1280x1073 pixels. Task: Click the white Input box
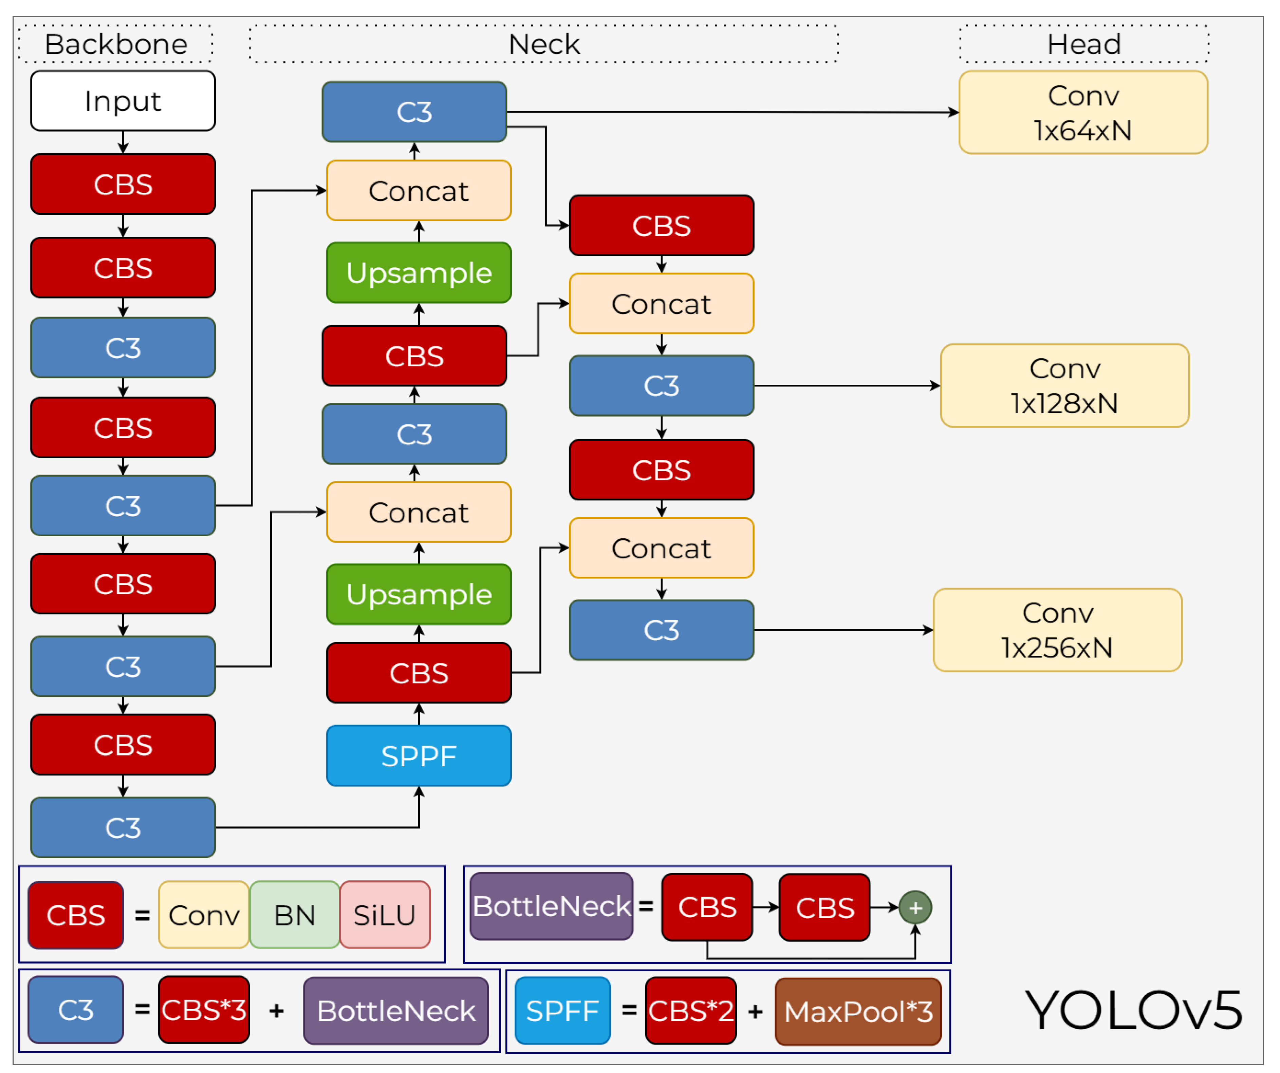(x=123, y=101)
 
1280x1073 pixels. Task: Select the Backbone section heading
(x=116, y=44)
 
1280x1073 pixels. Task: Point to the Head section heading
(x=1084, y=44)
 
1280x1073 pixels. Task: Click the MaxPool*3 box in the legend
(x=858, y=1012)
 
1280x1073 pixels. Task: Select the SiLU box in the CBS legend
(x=385, y=915)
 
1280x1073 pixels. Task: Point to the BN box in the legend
(x=294, y=915)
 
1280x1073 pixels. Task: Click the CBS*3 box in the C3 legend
(x=204, y=1010)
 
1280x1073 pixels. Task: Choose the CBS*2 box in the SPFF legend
(x=691, y=1012)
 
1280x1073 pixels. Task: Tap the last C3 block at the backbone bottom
(x=123, y=827)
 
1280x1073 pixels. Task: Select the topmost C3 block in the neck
(x=414, y=112)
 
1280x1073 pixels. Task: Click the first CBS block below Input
(x=123, y=184)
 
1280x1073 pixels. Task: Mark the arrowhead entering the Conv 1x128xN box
(x=936, y=386)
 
